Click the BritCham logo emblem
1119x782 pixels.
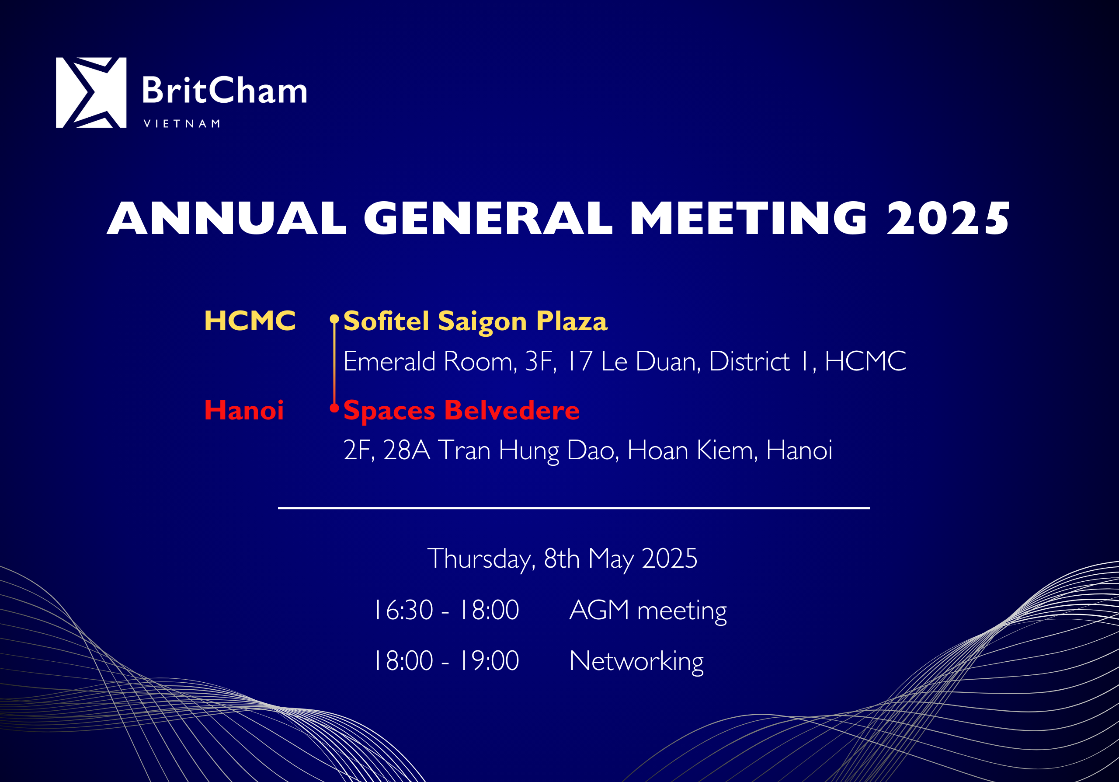[x=91, y=93]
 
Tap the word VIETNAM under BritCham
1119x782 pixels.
[x=182, y=124]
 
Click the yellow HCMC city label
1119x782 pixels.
[x=250, y=321]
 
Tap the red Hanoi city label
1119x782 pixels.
[x=243, y=410]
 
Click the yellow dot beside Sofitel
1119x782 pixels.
[x=334, y=319]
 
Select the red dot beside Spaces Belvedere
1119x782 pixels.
[x=334, y=408]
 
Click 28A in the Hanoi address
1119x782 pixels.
[x=407, y=450]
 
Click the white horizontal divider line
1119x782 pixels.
[x=573, y=508]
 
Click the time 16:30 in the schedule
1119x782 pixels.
[x=403, y=610]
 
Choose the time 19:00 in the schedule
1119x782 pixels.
[x=489, y=661]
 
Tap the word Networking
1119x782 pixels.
[x=636, y=662]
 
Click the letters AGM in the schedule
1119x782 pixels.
[x=599, y=610]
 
